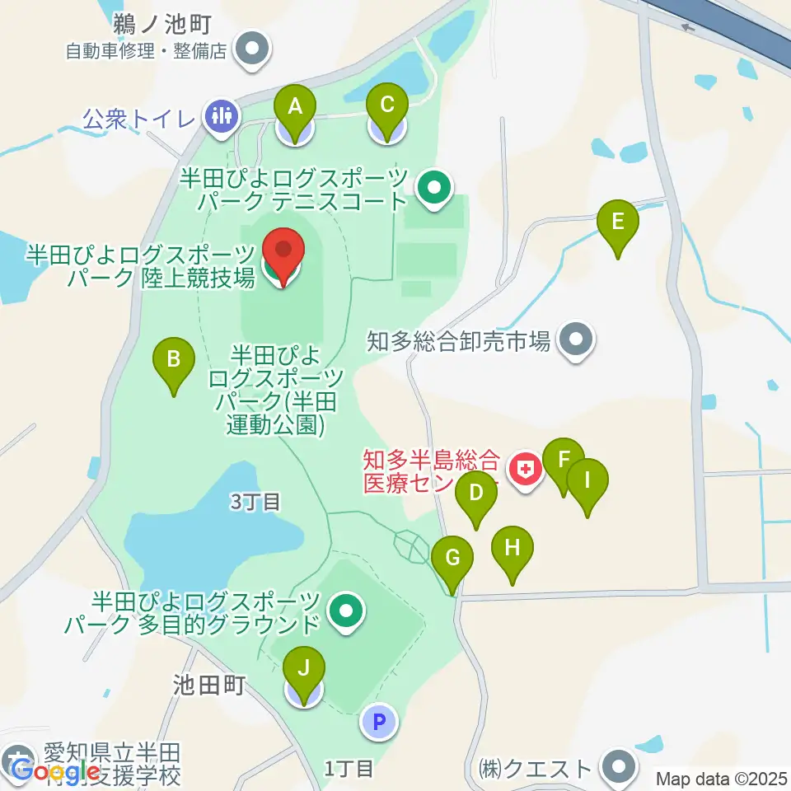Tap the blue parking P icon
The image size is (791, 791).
click(379, 723)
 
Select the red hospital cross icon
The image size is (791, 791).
click(525, 470)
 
